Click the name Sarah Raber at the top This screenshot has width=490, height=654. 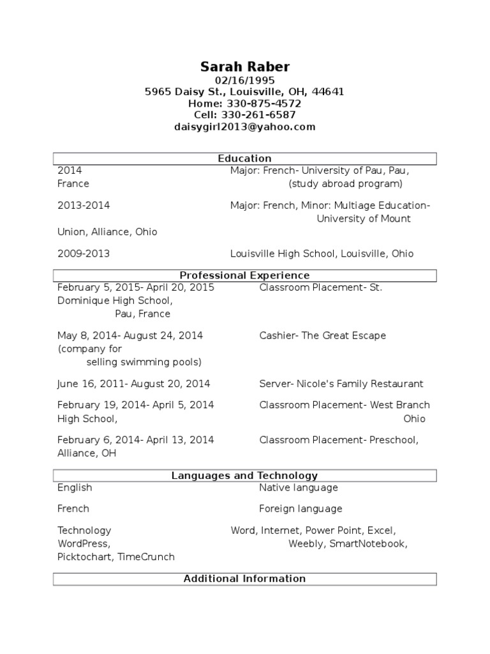point(244,66)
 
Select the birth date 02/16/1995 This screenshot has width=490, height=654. point(244,80)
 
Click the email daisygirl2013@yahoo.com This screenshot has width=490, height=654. point(244,126)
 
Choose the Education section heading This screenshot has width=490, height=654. point(244,158)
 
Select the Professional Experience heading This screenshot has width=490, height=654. point(244,275)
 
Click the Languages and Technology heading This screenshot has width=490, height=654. point(244,476)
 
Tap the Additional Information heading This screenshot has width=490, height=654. point(244,579)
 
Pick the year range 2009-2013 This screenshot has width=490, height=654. point(84,254)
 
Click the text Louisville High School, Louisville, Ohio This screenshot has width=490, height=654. point(322,254)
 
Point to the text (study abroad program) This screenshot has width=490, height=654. point(345,184)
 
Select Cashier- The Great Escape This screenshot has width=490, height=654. point(322,335)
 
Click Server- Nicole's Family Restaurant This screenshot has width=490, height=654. point(341,384)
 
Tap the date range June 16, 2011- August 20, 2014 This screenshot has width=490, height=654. point(133,384)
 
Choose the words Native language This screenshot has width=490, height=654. point(298,487)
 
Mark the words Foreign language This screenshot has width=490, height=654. point(301,509)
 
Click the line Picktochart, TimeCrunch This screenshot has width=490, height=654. point(115,557)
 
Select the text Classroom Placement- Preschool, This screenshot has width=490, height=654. point(339,440)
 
